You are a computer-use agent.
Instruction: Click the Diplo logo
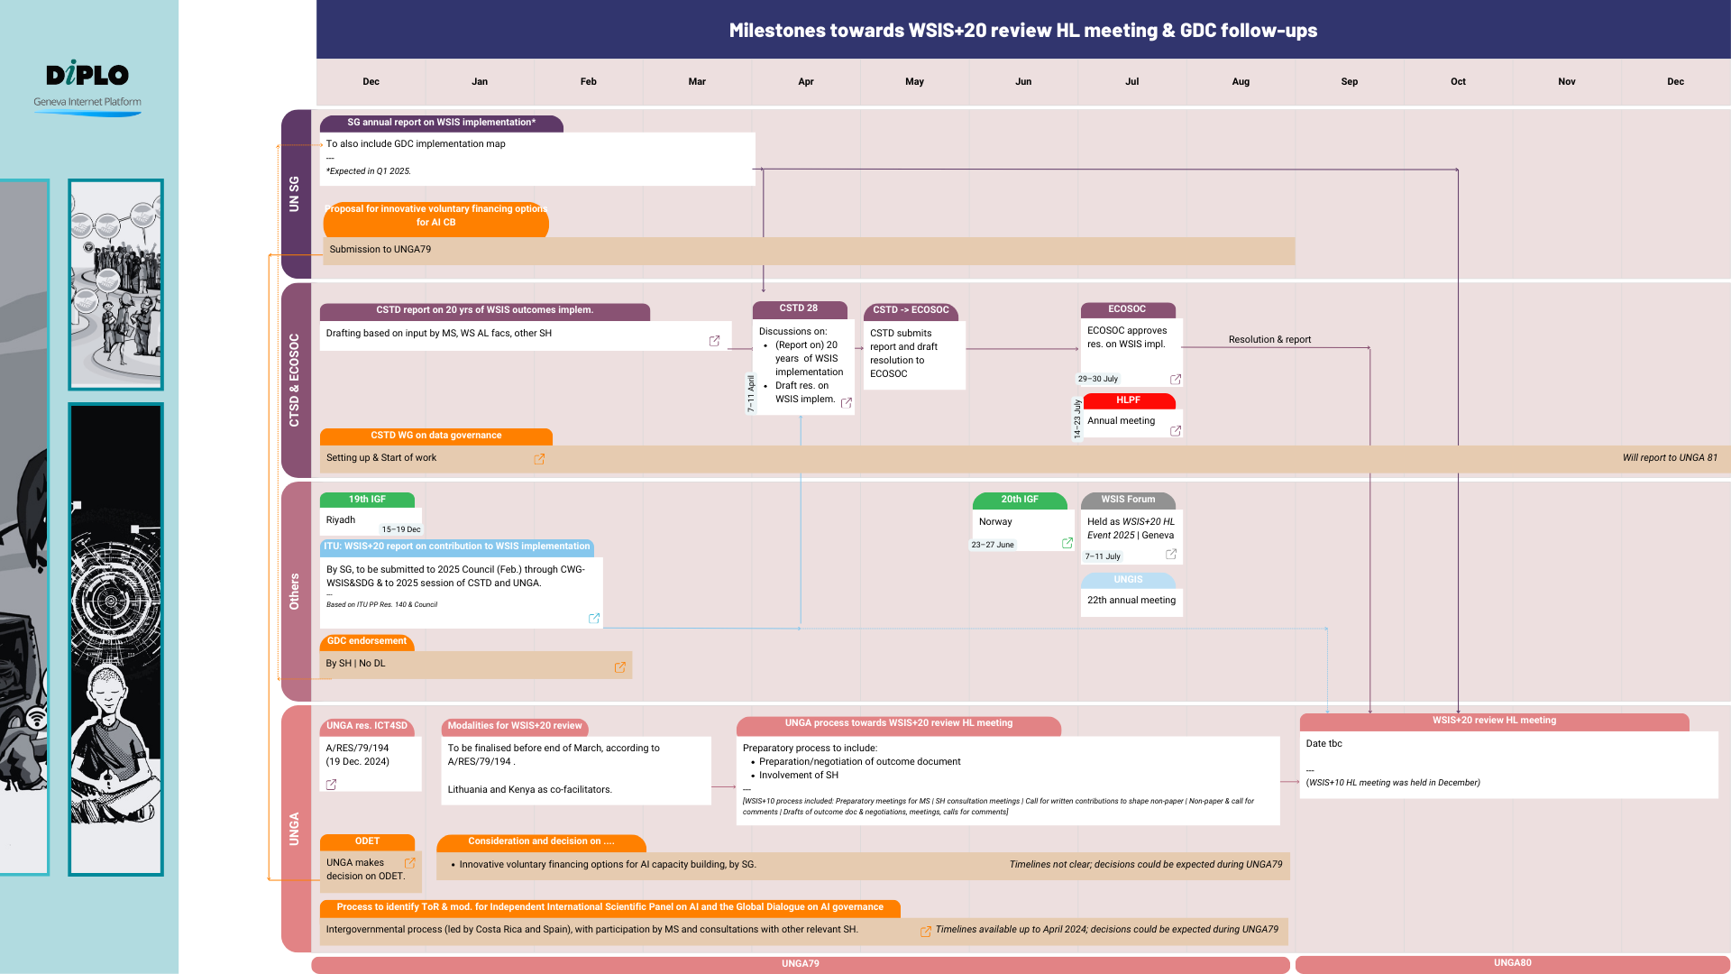click(87, 75)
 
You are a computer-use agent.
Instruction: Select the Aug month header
click(1241, 81)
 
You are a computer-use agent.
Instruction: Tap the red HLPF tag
click(1128, 400)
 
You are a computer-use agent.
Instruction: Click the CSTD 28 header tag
click(799, 308)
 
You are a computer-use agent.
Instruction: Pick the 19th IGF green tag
click(366, 500)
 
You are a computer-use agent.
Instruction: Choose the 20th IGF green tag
click(1019, 500)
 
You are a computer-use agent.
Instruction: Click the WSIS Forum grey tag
click(1127, 500)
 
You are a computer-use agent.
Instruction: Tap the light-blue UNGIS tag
click(1127, 580)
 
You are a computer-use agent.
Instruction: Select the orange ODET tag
click(367, 841)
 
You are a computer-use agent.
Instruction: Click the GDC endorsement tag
click(366, 641)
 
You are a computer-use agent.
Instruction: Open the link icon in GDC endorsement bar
click(620, 667)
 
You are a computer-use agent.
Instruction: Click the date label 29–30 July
click(1097, 379)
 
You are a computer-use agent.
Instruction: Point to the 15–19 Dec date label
click(400, 529)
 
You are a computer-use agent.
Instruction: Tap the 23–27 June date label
click(992, 545)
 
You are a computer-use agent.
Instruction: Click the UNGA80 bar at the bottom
click(1512, 963)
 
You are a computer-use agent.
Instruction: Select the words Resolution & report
click(1269, 340)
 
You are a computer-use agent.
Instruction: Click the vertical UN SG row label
click(294, 194)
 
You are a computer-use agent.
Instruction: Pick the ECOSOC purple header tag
click(1127, 309)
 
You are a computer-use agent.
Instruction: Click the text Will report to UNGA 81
click(1670, 458)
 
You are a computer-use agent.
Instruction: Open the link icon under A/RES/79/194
click(331, 785)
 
